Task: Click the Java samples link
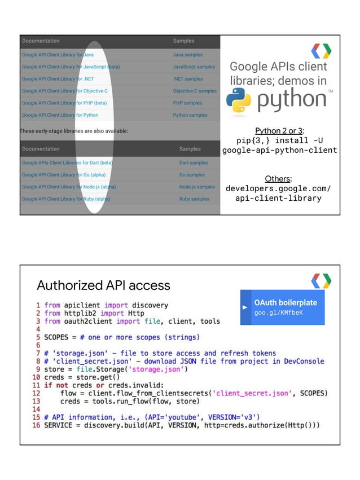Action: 187,55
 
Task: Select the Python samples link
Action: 190,115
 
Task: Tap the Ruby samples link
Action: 194,199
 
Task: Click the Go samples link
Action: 192,175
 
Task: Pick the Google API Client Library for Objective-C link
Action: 64,91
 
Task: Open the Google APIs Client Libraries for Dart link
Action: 67,162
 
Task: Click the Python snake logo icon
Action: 238,101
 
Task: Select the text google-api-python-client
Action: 280,150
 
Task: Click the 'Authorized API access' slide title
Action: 103,285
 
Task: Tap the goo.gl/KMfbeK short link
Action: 278,312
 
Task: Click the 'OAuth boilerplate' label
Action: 286,302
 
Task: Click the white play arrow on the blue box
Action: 245,307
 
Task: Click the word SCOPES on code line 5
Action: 56,337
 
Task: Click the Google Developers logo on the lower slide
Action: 321,280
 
